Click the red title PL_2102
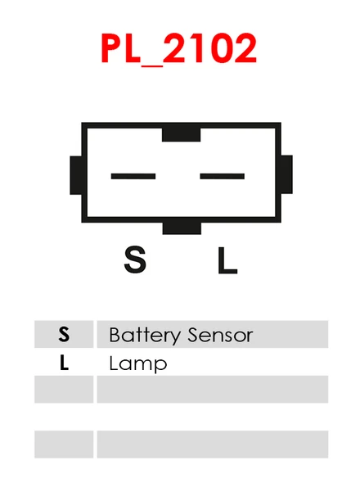(x=179, y=48)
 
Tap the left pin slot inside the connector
(x=133, y=176)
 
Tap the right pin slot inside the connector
(x=222, y=176)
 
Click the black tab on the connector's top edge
(x=182, y=135)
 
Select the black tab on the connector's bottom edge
(x=182, y=228)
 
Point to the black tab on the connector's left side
(x=76, y=175)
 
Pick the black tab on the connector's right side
(x=286, y=174)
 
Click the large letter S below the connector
(x=135, y=260)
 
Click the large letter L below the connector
(x=227, y=260)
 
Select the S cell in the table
(x=64, y=334)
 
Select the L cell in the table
(x=64, y=362)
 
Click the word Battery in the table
(x=145, y=336)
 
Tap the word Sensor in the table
(x=220, y=335)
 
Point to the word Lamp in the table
(x=138, y=364)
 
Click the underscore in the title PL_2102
(x=151, y=65)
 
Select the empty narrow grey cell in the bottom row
(x=64, y=445)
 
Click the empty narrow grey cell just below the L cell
(x=64, y=390)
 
